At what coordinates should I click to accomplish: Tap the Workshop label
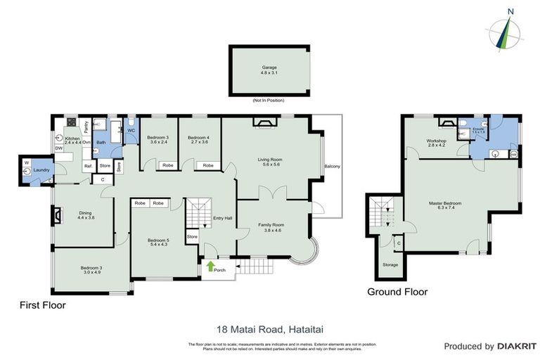click(x=436, y=143)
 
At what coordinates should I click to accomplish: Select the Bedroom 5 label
click(x=158, y=243)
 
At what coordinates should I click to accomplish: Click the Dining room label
click(x=86, y=215)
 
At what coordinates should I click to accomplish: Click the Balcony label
click(x=332, y=166)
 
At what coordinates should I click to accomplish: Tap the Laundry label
click(x=41, y=169)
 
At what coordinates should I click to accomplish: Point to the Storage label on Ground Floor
click(x=390, y=264)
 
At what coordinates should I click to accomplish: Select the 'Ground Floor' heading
click(x=398, y=292)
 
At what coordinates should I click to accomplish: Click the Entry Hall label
click(x=222, y=217)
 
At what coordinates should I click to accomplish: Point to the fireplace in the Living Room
click(x=266, y=124)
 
